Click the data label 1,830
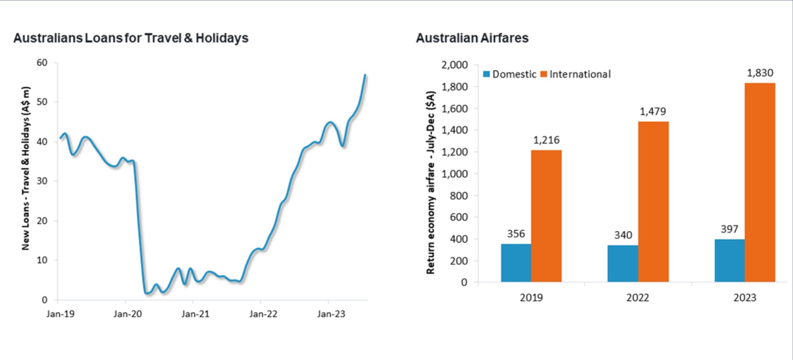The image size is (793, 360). coord(760,73)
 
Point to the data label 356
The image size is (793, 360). coord(516,234)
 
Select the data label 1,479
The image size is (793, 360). coord(652,112)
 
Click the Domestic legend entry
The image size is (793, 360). coord(510,74)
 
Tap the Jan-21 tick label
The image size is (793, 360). coord(195,314)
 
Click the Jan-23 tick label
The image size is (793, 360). coord(331,314)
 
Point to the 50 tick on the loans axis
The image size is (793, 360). coord(42,102)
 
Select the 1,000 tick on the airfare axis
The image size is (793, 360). coord(454,174)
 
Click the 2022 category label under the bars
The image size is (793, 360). coord(637,298)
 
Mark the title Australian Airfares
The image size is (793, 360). coord(472,38)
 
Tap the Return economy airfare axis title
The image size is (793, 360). coord(431,182)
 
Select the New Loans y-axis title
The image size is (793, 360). coord(26,168)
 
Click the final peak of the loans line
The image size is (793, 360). coord(365,75)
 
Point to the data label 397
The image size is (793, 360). coord(729,229)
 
